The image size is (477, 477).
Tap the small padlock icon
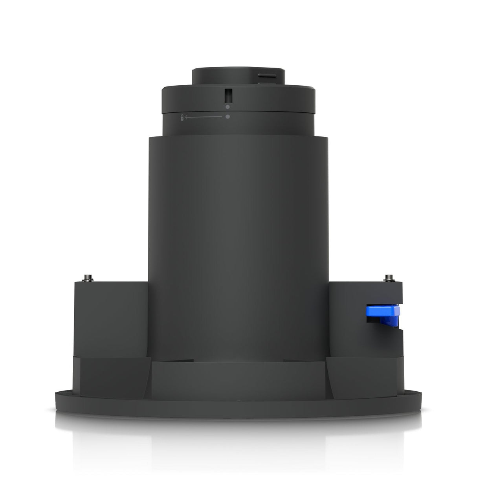click(182, 117)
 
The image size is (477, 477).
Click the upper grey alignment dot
click(227, 106)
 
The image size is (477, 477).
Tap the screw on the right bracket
click(389, 278)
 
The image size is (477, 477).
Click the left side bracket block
click(111, 314)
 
